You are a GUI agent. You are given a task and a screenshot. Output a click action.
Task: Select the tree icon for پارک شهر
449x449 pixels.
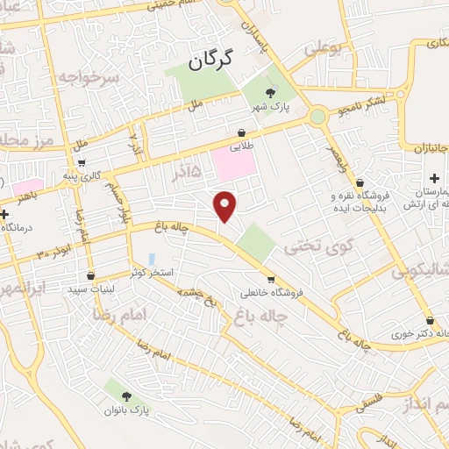click(271, 92)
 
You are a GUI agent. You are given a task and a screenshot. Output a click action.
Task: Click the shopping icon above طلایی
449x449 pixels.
click(240, 133)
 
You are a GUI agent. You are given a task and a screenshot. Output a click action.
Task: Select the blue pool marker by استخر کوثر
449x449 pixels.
click(152, 260)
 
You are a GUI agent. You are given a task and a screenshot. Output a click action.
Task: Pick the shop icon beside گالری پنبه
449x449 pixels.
click(82, 163)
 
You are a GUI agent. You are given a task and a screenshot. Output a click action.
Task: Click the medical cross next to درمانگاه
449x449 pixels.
click(5, 213)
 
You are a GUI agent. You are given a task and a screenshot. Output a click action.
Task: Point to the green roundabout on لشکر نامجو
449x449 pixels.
click(318, 116)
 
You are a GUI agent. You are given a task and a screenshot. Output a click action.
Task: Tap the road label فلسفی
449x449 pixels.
click(368, 404)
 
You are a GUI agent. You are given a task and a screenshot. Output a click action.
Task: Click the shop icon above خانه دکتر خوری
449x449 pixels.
click(430, 320)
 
